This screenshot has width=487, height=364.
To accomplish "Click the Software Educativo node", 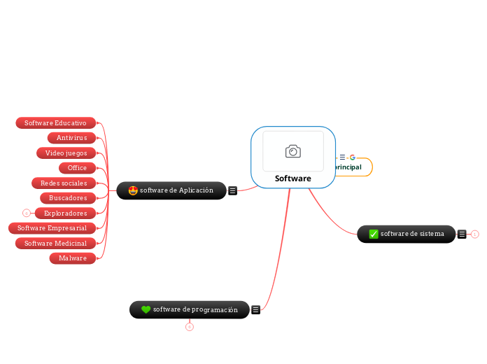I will pyautogui.click(x=55, y=123).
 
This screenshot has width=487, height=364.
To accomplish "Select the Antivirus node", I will pyautogui.click(x=71, y=138).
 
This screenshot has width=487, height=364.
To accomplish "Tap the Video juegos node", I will pyautogui.click(x=66, y=153).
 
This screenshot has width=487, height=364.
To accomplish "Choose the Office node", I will pyautogui.click(x=77, y=168).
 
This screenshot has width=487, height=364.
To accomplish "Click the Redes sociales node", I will pyautogui.click(x=64, y=183).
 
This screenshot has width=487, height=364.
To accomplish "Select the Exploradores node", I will pyautogui.click(x=65, y=213).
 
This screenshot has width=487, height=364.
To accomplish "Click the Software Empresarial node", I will pyautogui.click(x=52, y=228).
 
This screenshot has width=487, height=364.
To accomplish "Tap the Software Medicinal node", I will pyautogui.click(x=55, y=244).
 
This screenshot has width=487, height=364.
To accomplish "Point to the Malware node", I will pyautogui.click(x=73, y=258).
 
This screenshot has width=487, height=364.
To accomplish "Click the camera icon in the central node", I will pyautogui.click(x=293, y=151).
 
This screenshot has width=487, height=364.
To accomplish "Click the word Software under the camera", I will pyautogui.click(x=292, y=178).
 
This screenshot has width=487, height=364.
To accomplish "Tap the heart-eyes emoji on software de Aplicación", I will pyautogui.click(x=133, y=190).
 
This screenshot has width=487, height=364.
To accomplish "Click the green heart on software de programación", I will pyautogui.click(x=146, y=309).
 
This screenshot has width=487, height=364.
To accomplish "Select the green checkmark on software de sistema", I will pyautogui.click(x=374, y=234).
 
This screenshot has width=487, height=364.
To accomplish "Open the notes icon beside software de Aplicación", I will pyautogui.click(x=232, y=190).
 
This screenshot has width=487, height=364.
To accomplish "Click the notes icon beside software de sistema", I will pyautogui.click(x=462, y=234).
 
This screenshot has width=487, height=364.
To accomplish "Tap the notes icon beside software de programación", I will pyautogui.click(x=256, y=309).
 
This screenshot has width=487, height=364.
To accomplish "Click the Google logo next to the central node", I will pyautogui.click(x=352, y=157).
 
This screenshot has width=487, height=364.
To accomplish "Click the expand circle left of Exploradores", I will pyautogui.click(x=26, y=213).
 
